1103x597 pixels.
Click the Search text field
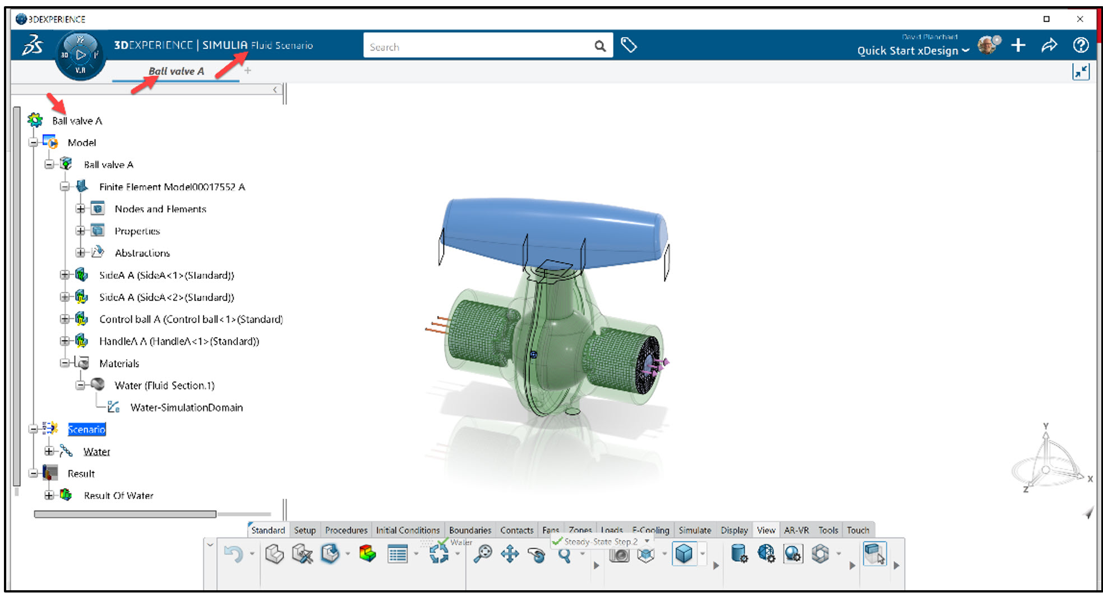(x=477, y=47)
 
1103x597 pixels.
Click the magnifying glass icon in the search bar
(x=600, y=47)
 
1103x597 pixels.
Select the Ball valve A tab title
(x=176, y=71)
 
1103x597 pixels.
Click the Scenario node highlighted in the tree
(x=86, y=429)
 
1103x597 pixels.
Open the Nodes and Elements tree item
(x=160, y=209)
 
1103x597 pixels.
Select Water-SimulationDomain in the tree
(x=186, y=407)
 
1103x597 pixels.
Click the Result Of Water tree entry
(x=118, y=495)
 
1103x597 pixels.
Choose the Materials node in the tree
(x=119, y=364)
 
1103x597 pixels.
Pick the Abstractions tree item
(x=142, y=253)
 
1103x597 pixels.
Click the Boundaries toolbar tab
(x=470, y=530)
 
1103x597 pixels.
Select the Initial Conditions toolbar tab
(x=408, y=530)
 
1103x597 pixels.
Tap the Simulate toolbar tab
(x=695, y=530)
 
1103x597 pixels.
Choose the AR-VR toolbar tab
(x=796, y=530)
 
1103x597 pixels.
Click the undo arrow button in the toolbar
(x=233, y=554)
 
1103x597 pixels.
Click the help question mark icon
(x=1081, y=45)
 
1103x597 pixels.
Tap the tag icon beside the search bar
(x=629, y=45)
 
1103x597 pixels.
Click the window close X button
(x=1080, y=19)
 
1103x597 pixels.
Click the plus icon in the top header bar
(x=1018, y=45)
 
